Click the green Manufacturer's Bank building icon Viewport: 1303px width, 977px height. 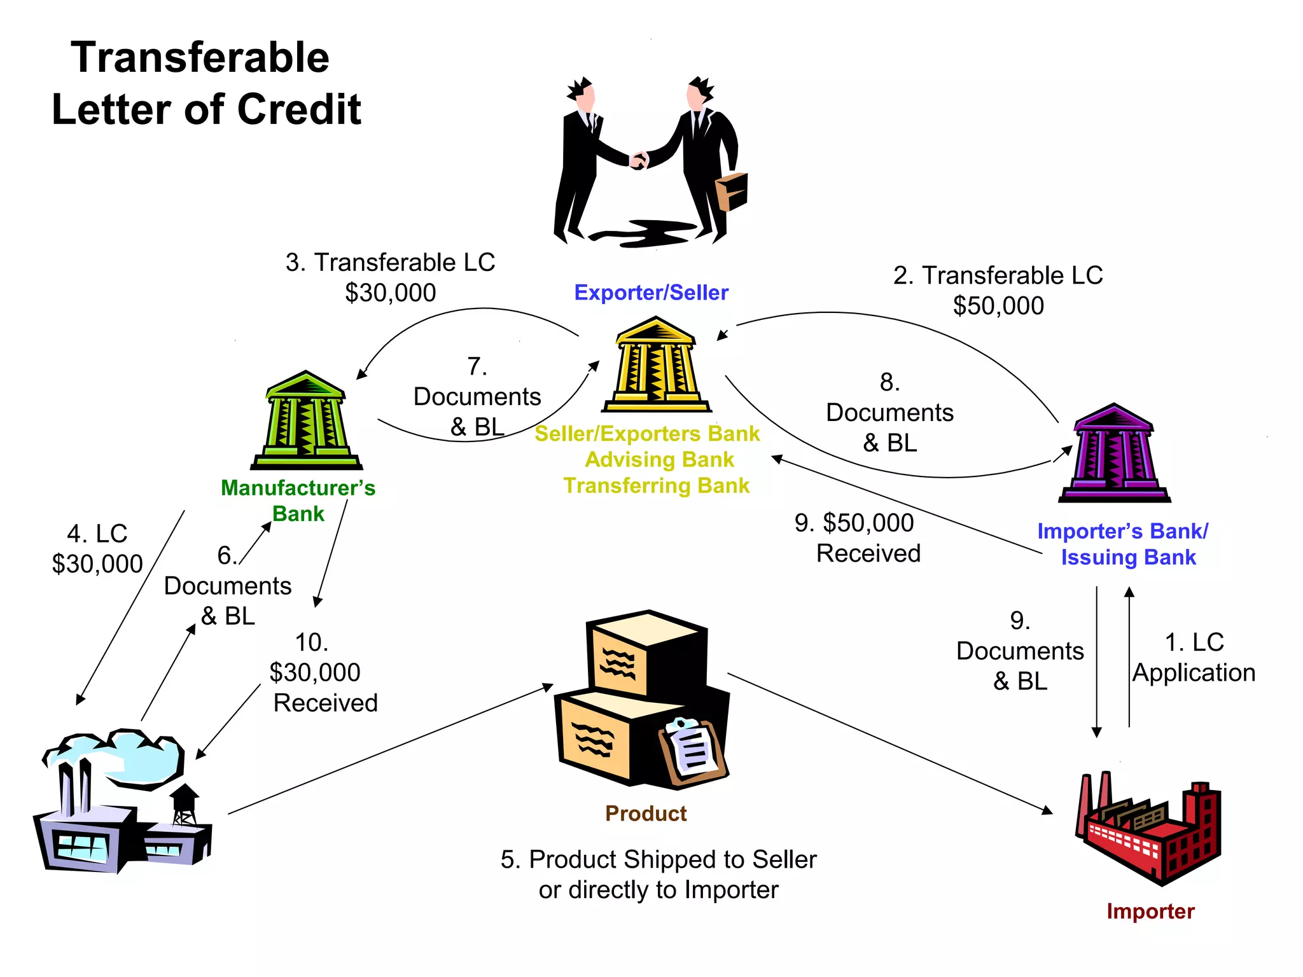tap(306, 421)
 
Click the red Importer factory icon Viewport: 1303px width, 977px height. tap(1148, 830)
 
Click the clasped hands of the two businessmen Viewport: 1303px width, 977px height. tap(639, 160)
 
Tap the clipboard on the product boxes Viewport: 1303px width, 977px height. tap(693, 751)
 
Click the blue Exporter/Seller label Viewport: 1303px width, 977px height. tap(651, 293)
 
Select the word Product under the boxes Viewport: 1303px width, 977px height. tap(646, 814)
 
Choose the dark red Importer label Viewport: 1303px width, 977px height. tap(1150, 911)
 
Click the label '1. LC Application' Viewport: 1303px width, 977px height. tap(1194, 658)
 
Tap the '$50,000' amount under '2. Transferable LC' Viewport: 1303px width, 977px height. tap(998, 306)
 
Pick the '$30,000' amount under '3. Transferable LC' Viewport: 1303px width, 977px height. tap(390, 293)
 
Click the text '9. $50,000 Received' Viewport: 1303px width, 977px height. tap(856, 538)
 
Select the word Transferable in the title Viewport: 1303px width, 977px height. tap(200, 57)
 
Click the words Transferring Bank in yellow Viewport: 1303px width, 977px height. tap(656, 486)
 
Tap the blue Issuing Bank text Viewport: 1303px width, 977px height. tap(1128, 557)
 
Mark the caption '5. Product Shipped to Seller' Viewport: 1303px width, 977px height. tap(658, 859)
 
